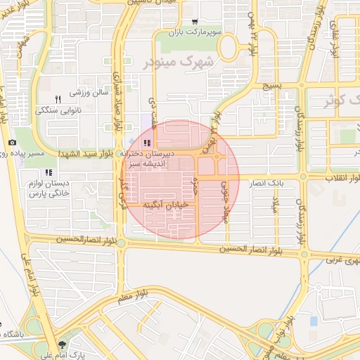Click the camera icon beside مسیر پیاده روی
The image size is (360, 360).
(x=11, y=143)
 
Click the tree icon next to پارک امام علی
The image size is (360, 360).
(x=63, y=345)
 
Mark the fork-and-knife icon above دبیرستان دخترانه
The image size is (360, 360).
(x=146, y=143)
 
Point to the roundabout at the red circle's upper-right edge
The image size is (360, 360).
(x=217, y=157)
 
